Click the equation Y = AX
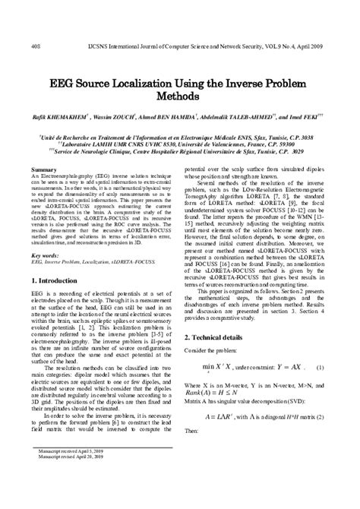(299, 389)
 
